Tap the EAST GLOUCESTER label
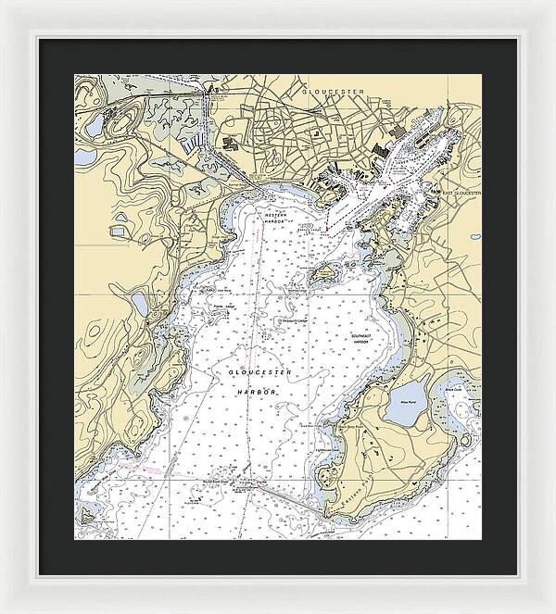coord(461,194)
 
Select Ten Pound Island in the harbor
coord(323,274)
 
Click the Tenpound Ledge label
coord(292,321)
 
